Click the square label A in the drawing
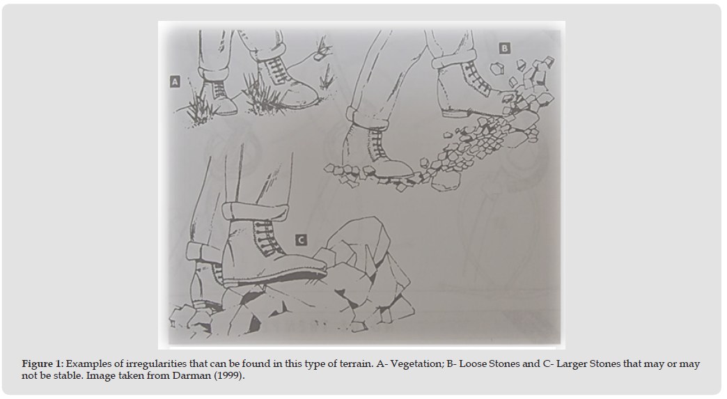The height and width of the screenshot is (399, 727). tap(175, 81)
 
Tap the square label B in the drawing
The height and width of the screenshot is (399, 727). tap(504, 48)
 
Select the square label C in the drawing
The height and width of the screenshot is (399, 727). tap(301, 240)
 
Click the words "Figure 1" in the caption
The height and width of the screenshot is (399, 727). tap(41, 363)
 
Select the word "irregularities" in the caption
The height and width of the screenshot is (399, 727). tap(156, 363)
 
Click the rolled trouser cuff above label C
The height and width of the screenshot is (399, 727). tap(255, 212)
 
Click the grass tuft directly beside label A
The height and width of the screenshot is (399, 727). tap(199, 107)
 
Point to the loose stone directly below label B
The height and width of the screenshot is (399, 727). tap(497, 68)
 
